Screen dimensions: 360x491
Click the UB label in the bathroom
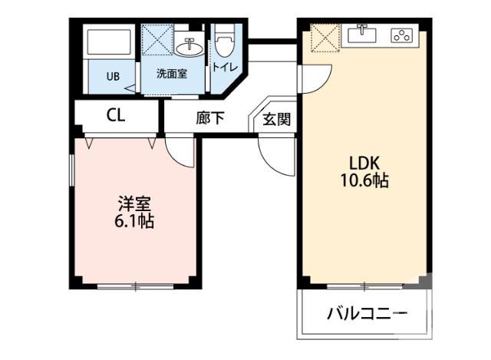tap(113, 76)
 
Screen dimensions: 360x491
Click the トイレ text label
tap(225, 67)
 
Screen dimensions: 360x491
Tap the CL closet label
tap(116, 117)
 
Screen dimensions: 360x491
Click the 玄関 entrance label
tap(276, 119)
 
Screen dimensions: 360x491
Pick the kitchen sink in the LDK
tap(363, 35)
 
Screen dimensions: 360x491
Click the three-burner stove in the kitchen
tap(402, 35)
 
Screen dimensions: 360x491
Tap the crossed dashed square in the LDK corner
tap(321, 38)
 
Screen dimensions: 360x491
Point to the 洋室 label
tap(135, 204)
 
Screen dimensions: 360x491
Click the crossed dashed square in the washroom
tap(157, 41)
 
